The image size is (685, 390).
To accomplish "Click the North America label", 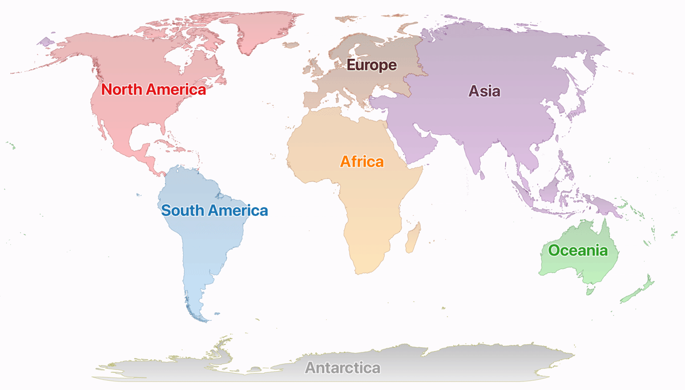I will (x=153, y=90).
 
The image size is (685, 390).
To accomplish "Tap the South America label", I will (x=214, y=210).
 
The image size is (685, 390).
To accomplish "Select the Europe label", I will (x=372, y=65).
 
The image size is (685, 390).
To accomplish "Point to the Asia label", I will (x=484, y=91).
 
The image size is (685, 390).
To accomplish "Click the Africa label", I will (x=362, y=162).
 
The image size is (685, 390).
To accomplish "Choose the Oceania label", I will (x=578, y=250).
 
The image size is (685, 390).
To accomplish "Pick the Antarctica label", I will (x=342, y=367).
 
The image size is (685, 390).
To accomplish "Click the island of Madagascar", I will (x=414, y=237).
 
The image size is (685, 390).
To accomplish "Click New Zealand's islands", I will (x=636, y=291).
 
